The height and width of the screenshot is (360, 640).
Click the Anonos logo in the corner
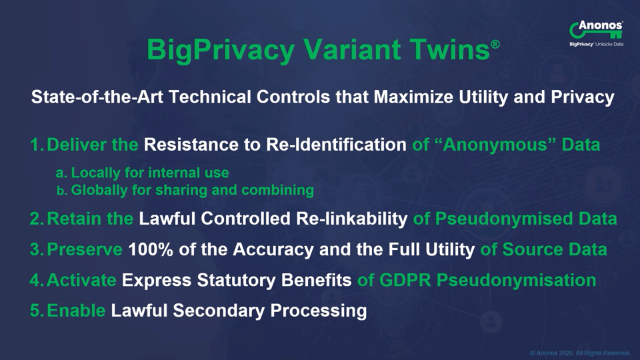coord(596,33)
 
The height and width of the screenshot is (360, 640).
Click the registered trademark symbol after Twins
coord(495,44)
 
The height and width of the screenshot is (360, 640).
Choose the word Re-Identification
coord(336,145)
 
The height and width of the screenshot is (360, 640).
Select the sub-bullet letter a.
coord(61,173)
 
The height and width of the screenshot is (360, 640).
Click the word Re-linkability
coord(351,219)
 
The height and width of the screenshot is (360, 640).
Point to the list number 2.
coord(37,219)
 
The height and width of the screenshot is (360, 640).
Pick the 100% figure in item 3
coord(151,249)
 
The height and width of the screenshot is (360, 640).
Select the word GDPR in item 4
coord(405,280)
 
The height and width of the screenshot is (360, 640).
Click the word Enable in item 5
coord(76,311)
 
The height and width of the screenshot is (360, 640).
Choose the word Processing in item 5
coord(319,311)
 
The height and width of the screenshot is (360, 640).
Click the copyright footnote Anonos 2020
coord(579,353)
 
